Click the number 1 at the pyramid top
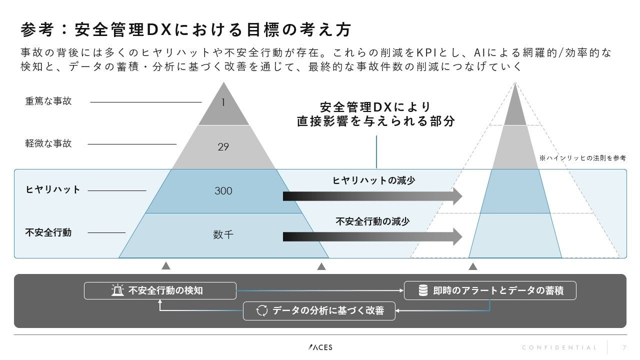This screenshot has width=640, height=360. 223,102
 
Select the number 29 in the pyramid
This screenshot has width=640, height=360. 223,147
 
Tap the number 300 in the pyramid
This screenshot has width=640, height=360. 223,191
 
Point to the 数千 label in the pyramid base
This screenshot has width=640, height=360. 223,234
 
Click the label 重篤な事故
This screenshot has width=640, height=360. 48,101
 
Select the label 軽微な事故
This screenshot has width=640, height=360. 48,143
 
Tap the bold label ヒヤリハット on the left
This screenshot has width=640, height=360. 53,190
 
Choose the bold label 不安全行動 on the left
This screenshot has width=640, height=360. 48,232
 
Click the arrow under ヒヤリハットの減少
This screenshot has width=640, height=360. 372,196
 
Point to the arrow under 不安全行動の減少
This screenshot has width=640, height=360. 372,236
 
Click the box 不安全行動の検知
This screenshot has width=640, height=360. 160,290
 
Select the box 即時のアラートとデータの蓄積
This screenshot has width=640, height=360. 490,290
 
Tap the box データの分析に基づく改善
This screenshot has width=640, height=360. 319,311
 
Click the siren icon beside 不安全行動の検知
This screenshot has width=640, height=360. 117,290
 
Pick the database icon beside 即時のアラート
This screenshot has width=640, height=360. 423,290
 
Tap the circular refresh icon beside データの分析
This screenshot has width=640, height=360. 262,311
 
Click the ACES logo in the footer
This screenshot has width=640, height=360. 320,347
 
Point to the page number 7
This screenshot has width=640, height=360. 624,347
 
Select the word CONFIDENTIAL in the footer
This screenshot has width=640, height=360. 559,347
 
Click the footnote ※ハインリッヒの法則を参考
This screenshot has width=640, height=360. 582,158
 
